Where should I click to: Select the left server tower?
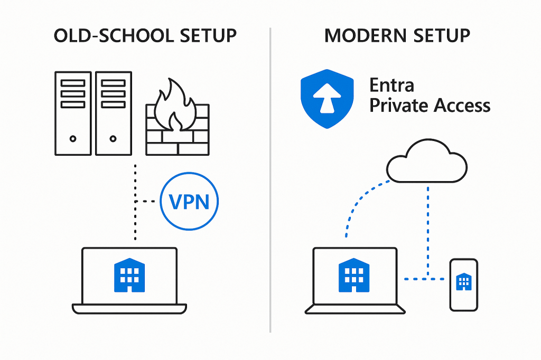[73, 113]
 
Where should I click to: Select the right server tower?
[113, 113]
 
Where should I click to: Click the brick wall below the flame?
[178, 138]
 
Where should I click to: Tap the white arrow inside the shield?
[327, 99]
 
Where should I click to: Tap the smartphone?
[463, 285]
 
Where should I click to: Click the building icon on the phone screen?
[463, 281]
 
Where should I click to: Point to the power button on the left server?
[73, 138]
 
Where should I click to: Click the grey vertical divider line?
[270, 179]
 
